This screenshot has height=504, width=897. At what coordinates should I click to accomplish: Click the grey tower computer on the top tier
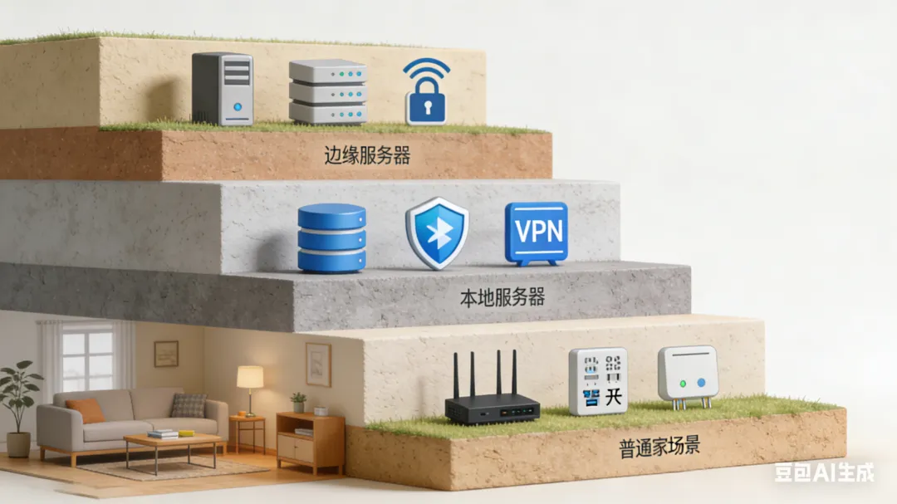[x=223, y=89]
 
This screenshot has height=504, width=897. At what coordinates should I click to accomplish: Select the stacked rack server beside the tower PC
[x=327, y=92]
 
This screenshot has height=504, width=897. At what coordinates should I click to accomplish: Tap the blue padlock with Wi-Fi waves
[x=427, y=94]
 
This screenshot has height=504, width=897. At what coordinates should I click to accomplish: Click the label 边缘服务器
[x=368, y=154]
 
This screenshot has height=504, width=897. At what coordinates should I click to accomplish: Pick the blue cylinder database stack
[x=331, y=237]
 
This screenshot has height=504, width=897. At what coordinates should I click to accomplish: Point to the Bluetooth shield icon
[x=437, y=233]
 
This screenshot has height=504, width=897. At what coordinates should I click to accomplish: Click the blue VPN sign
[x=536, y=232]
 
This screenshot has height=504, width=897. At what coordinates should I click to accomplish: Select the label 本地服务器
[x=502, y=296]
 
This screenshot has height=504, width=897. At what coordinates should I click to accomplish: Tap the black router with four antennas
[x=492, y=399]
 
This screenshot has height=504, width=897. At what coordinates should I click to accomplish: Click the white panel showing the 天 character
[x=598, y=381]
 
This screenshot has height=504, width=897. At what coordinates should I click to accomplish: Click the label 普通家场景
[x=659, y=444]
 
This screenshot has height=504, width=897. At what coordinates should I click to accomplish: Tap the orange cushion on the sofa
[x=86, y=410]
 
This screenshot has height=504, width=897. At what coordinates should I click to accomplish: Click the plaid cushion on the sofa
[x=188, y=406]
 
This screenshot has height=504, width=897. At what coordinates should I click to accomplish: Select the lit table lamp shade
[x=250, y=377]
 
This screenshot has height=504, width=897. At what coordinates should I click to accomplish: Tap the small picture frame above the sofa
[x=166, y=353]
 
